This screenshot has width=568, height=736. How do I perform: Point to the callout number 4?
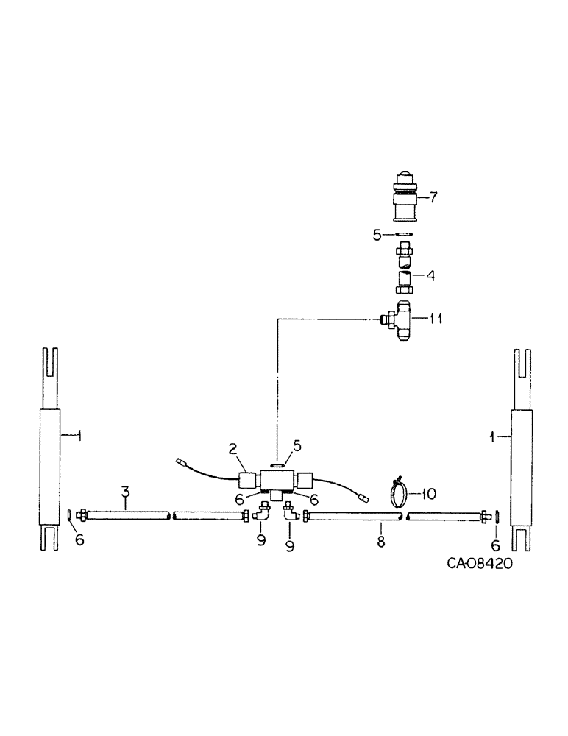(430, 277)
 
